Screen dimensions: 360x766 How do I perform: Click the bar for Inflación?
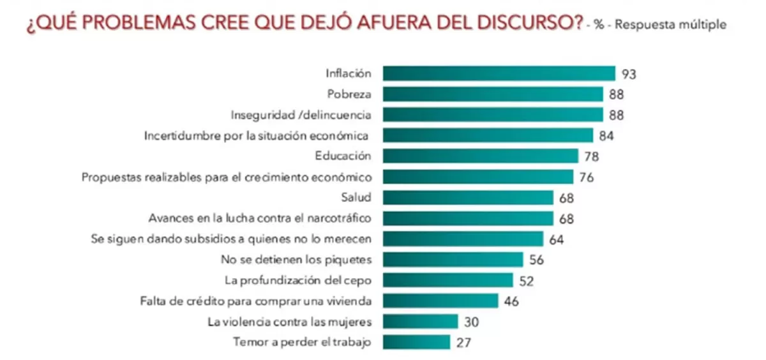[x=499, y=73]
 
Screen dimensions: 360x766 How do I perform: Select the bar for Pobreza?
[x=493, y=94]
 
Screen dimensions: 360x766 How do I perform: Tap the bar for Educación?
[x=480, y=156]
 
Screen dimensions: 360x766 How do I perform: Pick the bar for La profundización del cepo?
[x=447, y=280]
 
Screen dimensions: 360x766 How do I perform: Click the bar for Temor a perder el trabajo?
[x=416, y=341]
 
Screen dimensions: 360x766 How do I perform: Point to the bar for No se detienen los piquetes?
[x=453, y=259]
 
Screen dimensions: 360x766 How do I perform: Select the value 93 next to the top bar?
[x=629, y=74]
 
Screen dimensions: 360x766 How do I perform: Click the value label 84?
[x=606, y=135]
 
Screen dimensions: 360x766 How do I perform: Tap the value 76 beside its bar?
[x=586, y=177]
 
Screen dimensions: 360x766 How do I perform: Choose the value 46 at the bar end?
[x=510, y=301]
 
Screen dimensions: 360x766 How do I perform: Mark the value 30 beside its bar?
[x=471, y=321]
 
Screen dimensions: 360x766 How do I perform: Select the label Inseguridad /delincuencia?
[x=301, y=115]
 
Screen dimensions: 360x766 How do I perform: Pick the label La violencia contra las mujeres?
[x=290, y=321]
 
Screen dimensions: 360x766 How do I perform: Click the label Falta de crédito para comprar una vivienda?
[x=256, y=300]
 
